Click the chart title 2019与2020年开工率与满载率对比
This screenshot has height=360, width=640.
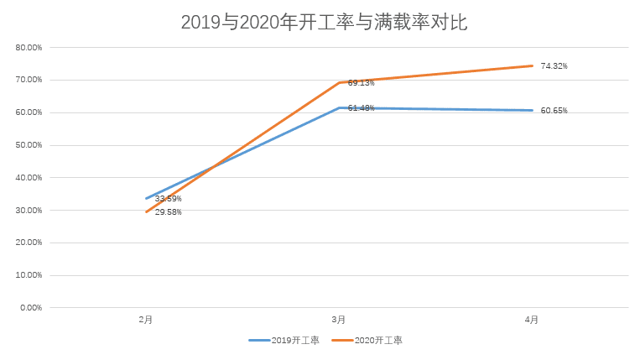pos(324,23)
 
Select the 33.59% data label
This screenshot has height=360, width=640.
pos(168,199)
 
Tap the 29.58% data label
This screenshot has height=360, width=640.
pos(168,212)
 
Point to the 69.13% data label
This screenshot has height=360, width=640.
pos(361,83)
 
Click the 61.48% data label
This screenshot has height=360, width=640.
pos(361,108)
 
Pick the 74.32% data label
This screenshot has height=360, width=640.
pos(554,65)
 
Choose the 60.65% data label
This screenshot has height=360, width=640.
pos(554,111)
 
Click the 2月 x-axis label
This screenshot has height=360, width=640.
pos(146,320)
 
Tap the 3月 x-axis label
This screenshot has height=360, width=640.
pos(339,320)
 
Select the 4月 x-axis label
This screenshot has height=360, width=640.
pos(532,320)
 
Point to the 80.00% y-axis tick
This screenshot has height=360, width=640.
pos(29,48)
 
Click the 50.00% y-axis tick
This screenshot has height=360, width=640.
pos(29,145)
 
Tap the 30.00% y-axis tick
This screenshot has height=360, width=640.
pos(29,211)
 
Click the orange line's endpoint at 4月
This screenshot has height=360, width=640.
pos(532,65)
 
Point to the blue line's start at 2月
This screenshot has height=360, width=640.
pos(146,199)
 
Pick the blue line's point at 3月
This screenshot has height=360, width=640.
pos(339,107)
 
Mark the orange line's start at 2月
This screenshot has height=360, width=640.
pos(146,211)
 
